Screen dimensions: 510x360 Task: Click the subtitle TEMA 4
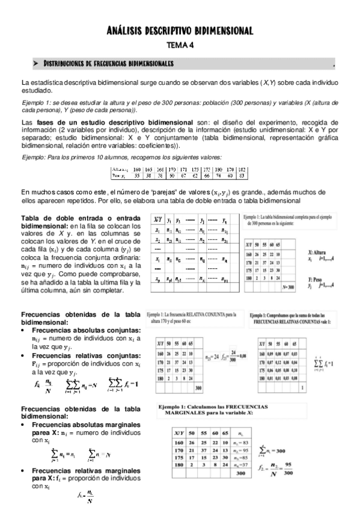point(180,45)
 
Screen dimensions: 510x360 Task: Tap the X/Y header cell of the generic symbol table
point(157,220)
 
